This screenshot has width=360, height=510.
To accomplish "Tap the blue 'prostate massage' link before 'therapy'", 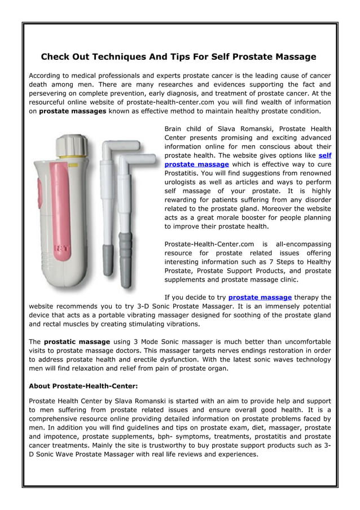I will [260, 297].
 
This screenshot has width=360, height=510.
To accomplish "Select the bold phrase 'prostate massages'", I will [72, 111].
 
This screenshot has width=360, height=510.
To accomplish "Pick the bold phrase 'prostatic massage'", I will [77, 342].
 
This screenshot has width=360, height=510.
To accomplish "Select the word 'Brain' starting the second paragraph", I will [175, 129].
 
